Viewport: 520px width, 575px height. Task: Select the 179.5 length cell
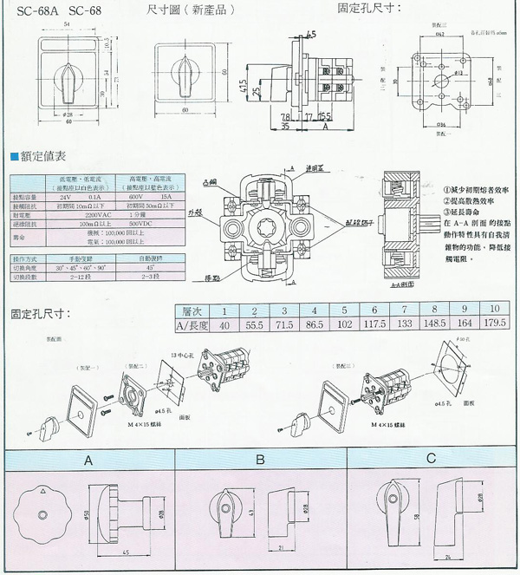coord(495,324)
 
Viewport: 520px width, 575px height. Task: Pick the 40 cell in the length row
coord(224,324)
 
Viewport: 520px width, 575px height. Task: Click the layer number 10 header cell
coord(495,310)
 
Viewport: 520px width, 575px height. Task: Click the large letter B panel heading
coord(261,461)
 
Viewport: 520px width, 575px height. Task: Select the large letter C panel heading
coord(432,461)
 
